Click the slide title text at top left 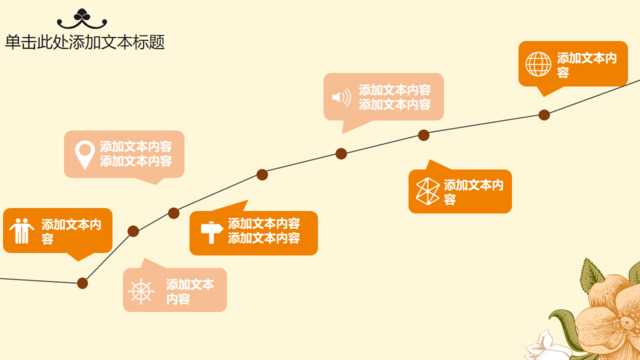click(85, 42)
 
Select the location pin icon click(84, 154)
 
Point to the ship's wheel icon click(143, 291)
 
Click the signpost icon click(210, 231)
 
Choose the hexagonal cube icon click(426, 191)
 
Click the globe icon click(538, 64)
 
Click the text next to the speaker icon click(395, 97)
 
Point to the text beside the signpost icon click(264, 231)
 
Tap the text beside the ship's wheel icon click(190, 291)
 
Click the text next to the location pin click(135, 153)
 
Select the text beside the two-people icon click(71, 231)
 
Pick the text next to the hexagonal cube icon click(473, 192)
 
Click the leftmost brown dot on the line click(83, 283)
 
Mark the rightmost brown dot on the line click(544, 115)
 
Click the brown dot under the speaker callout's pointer click(341, 154)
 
